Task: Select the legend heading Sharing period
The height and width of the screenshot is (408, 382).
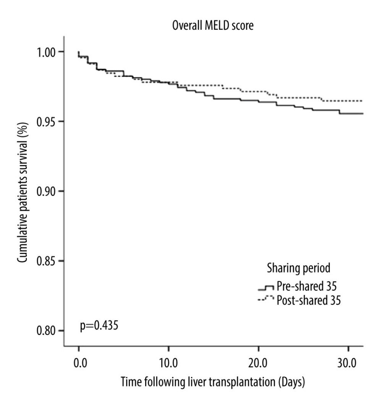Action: pos(298,268)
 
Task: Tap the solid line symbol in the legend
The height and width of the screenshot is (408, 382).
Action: pos(266,288)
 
